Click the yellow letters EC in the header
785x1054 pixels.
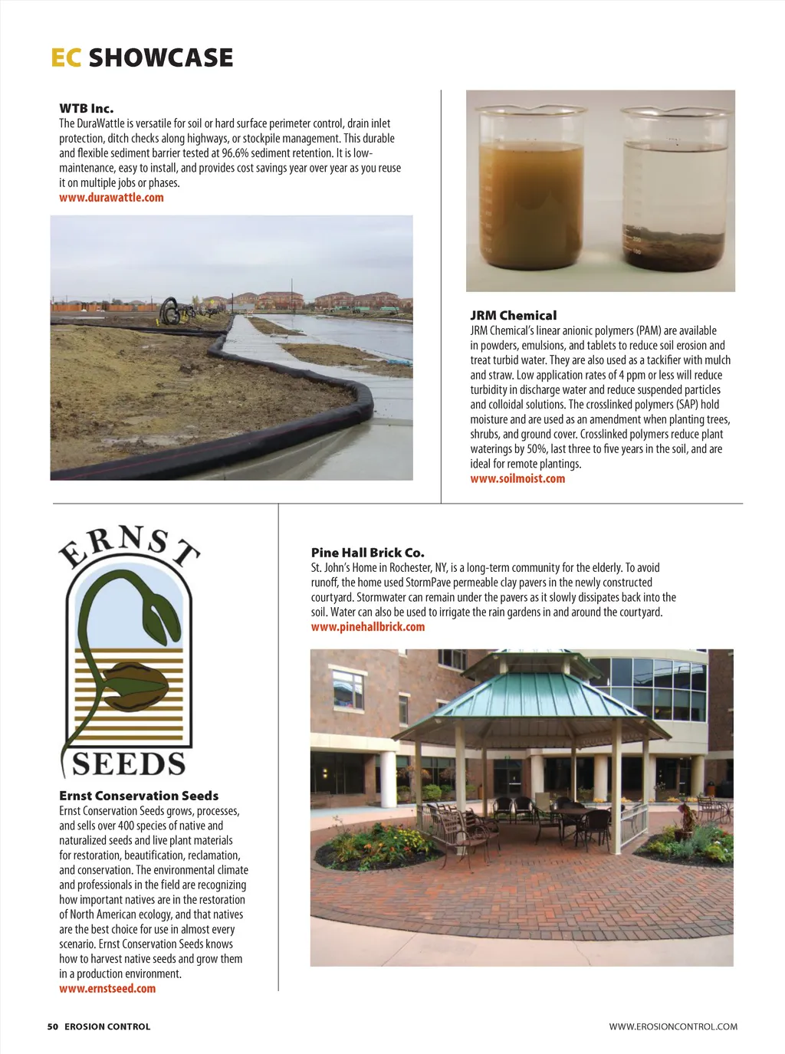point(66,58)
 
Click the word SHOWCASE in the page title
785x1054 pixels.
point(161,58)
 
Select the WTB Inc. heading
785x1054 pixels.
point(87,109)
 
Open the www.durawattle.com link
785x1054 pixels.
point(111,198)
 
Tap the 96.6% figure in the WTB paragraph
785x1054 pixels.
point(236,153)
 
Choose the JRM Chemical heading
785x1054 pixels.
point(513,316)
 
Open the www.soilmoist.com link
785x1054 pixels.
point(517,479)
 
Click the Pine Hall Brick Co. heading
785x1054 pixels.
point(367,553)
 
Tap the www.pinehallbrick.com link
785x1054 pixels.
point(367,627)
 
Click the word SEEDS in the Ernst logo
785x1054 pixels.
point(129,764)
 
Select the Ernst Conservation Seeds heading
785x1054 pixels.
point(139,796)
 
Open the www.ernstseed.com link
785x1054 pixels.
point(107,989)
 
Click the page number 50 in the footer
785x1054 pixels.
point(53,1026)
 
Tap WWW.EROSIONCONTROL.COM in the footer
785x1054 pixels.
point(673,1026)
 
